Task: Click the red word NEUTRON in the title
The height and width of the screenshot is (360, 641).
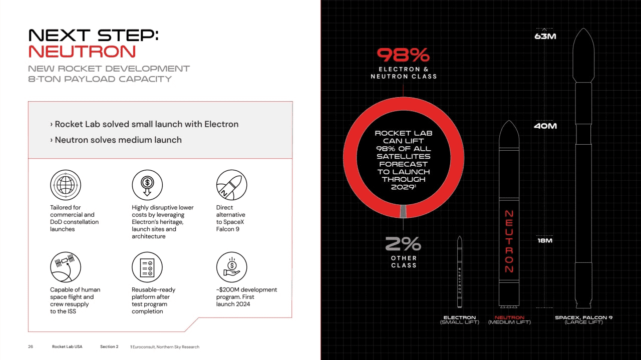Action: click(82, 52)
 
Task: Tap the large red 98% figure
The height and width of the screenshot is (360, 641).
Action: click(403, 55)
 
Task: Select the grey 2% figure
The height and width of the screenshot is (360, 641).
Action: click(403, 244)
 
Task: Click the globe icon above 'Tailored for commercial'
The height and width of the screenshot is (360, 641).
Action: click(65, 185)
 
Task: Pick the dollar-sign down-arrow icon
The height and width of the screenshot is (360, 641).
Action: click(147, 185)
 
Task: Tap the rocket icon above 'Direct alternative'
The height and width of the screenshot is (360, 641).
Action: click(231, 185)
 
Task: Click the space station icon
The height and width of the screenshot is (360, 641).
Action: click(65, 267)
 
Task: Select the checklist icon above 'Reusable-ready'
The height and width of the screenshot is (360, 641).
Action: click(147, 267)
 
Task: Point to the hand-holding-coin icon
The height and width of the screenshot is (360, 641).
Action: click(231, 267)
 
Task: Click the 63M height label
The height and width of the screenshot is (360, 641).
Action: click(545, 37)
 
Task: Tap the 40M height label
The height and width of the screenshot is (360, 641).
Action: click(545, 126)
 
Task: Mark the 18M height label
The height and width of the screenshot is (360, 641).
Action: click(545, 241)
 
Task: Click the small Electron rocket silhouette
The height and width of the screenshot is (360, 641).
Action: click(460, 273)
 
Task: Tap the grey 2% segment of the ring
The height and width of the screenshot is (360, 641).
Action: click(403, 211)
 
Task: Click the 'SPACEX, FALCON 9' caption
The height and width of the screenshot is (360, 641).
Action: click(583, 317)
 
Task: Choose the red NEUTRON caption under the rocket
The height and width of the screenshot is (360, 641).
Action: click(509, 317)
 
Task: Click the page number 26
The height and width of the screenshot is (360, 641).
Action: click(31, 346)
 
